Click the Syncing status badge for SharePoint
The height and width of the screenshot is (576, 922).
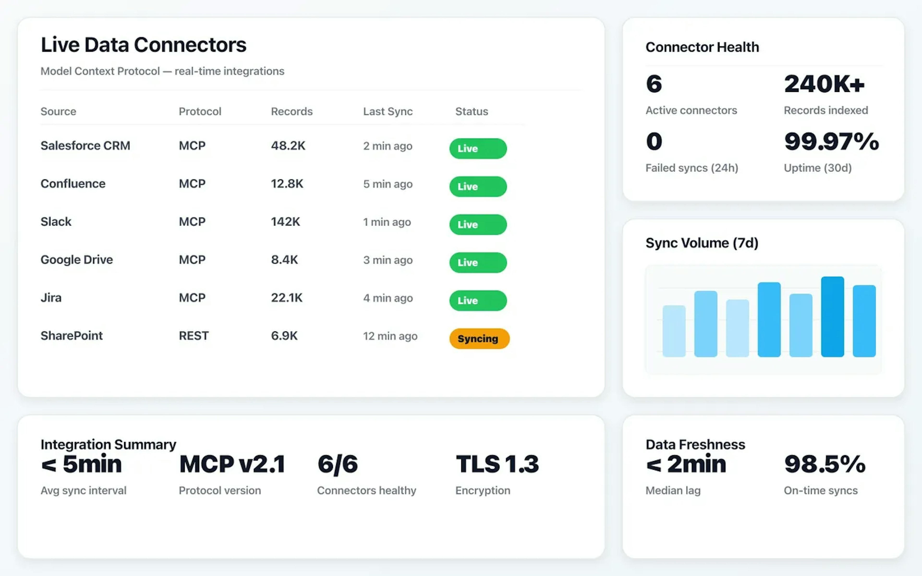click(479, 338)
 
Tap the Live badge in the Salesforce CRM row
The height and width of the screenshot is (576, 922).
click(478, 148)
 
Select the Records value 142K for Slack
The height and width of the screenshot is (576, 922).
click(285, 222)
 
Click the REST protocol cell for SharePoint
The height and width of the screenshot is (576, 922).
click(194, 336)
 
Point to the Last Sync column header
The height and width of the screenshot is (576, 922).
click(388, 111)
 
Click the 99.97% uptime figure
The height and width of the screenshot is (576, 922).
click(831, 141)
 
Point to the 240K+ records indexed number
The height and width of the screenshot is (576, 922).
click(824, 84)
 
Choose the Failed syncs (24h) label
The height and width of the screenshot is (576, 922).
click(691, 168)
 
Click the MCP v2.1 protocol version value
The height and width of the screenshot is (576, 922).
click(232, 464)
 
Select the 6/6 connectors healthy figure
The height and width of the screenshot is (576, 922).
click(338, 464)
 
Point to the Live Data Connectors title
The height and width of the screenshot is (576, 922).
click(144, 45)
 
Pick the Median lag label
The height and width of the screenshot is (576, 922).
click(673, 490)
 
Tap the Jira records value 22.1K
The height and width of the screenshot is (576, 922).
click(286, 298)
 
